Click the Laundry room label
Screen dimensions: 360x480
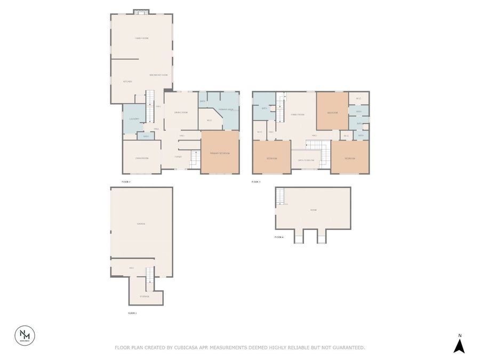(x=134, y=119)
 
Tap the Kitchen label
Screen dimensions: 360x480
(x=127, y=82)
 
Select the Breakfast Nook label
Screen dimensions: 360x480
(x=158, y=75)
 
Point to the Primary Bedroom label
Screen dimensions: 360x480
(x=219, y=153)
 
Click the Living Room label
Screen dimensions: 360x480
(x=141, y=158)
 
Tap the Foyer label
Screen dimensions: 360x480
(x=178, y=157)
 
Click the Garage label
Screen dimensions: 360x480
(x=141, y=223)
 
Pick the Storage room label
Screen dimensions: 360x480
(x=145, y=296)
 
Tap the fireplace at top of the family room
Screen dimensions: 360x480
(x=141, y=12)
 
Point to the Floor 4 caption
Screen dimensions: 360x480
(x=279, y=237)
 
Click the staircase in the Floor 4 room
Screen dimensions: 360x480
(x=281, y=199)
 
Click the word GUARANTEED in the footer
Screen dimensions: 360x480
(x=346, y=348)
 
